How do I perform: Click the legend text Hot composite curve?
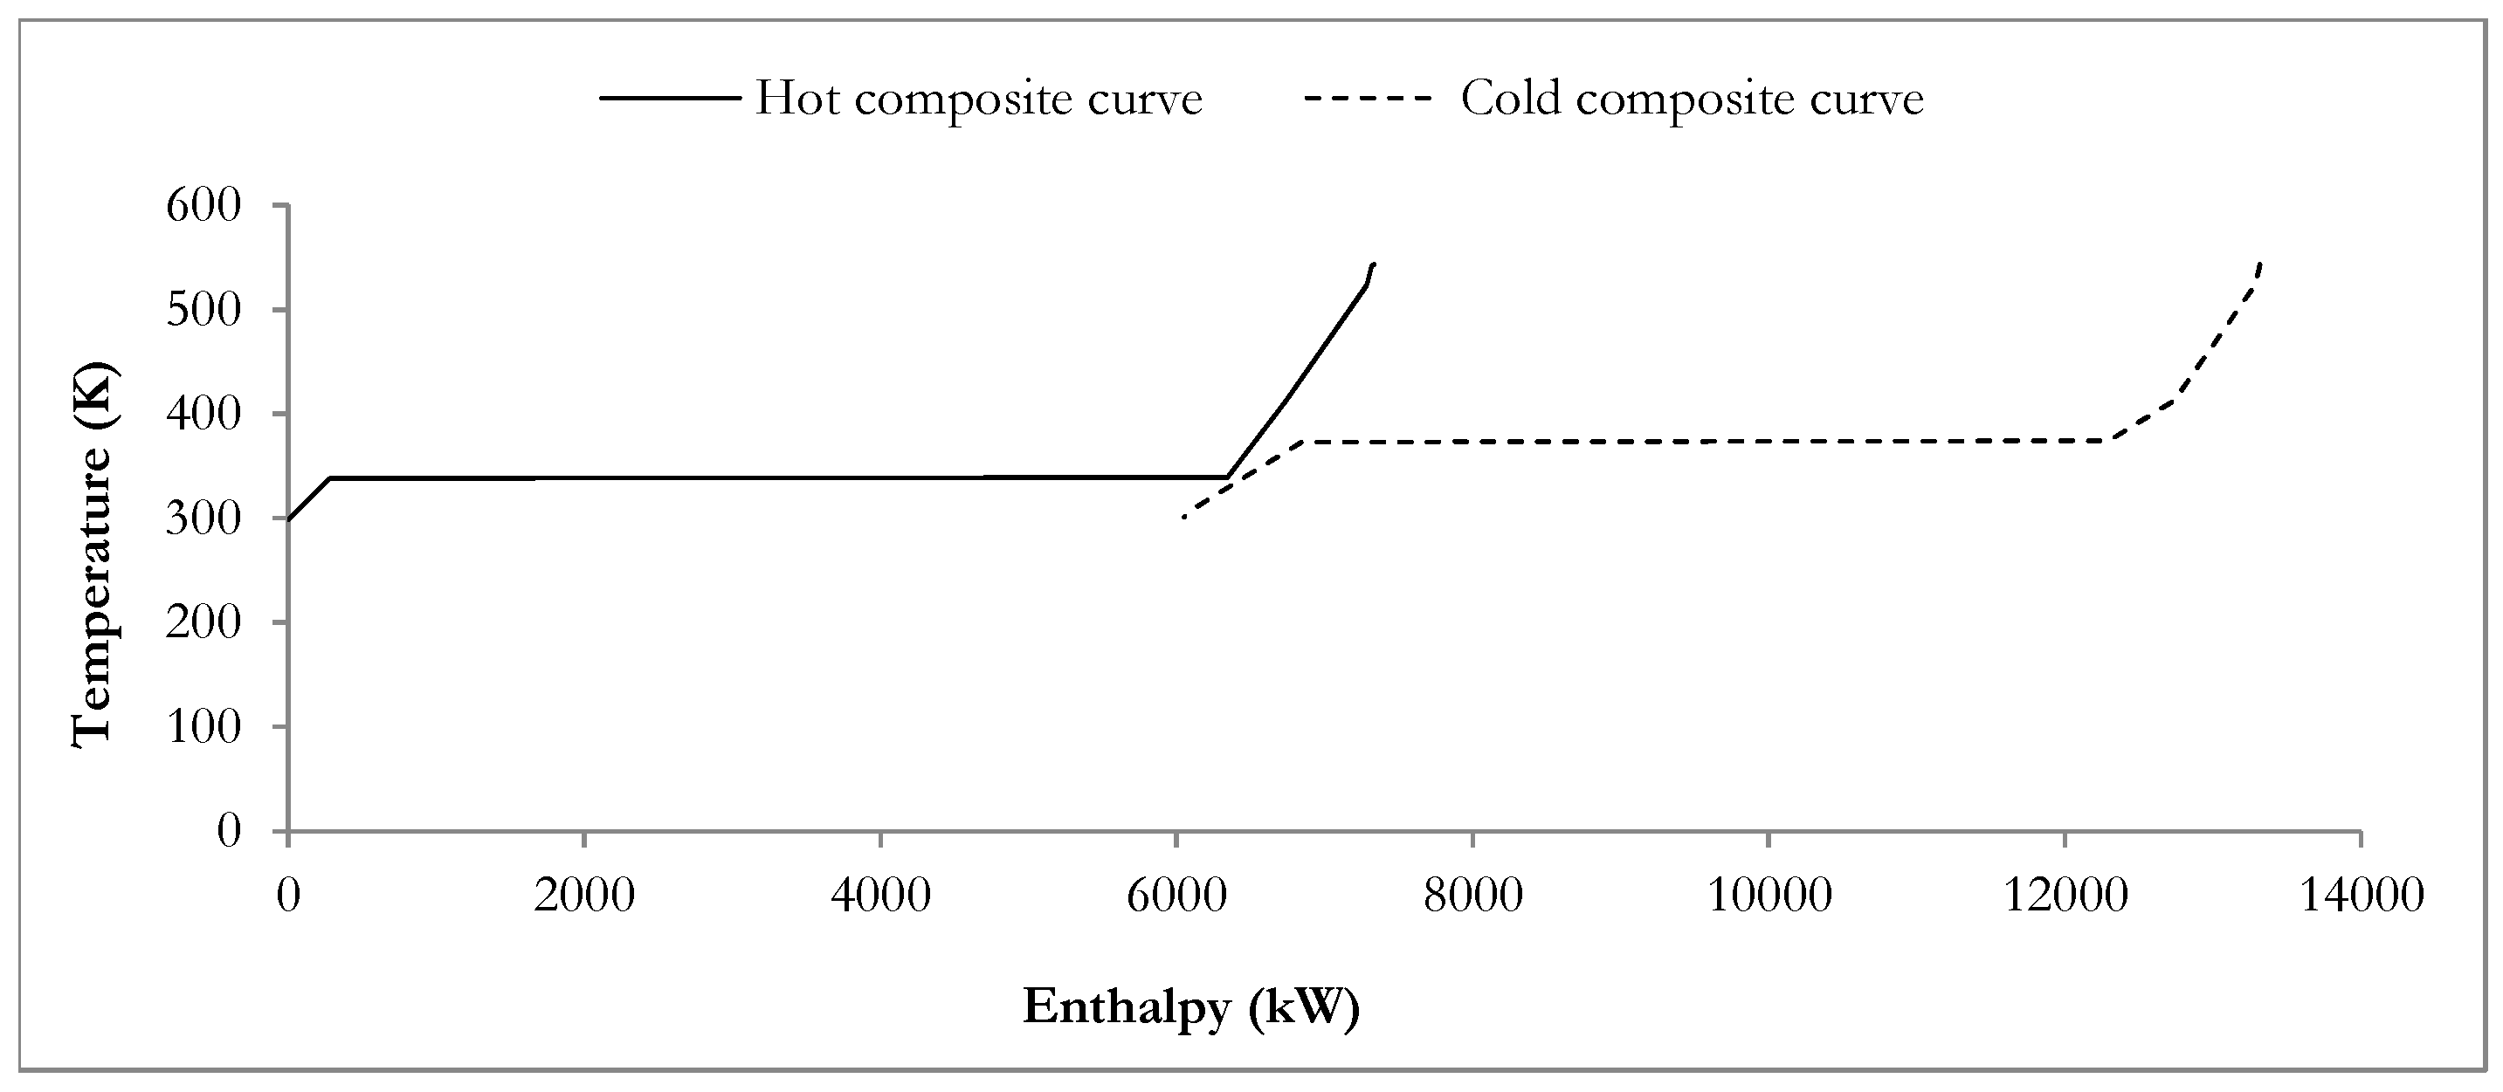point(978,100)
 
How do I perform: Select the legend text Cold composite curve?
point(1692,100)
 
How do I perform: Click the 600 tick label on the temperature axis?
point(203,206)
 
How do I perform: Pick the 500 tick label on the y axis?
point(203,310)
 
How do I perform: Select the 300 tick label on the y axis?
point(203,518)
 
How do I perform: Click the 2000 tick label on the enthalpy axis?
point(584,895)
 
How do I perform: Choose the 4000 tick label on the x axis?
point(880,895)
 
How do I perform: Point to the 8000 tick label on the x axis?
point(1473,895)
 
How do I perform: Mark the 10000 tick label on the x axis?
point(1769,895)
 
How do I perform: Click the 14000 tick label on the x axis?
point(2362,895)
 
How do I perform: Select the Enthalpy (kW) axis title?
point(1191,1006)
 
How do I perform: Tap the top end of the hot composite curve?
point(1373,264)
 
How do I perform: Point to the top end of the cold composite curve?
point(2261,264)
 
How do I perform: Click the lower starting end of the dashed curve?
point(1183,517)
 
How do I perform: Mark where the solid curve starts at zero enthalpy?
point(288,519)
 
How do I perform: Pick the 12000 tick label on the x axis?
point(2065,895)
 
